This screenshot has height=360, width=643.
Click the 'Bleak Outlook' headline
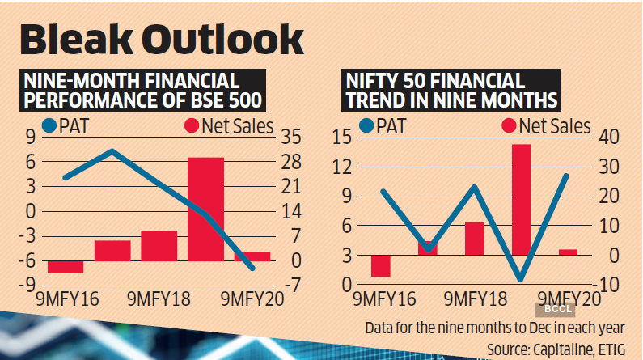point(160,40)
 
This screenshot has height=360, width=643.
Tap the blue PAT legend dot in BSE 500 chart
point(51,126)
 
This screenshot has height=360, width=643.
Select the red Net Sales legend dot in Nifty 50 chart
point(510,126)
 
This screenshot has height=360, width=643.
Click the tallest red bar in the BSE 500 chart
point(205,209)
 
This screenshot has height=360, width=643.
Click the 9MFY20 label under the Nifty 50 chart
point(569,298)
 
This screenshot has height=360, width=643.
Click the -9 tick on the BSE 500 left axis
point(28,285)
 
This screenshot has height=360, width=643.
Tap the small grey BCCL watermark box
point(552,309)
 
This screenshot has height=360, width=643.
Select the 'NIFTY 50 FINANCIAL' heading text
point(434,81)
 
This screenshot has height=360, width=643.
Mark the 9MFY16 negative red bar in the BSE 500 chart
point(65,267)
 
